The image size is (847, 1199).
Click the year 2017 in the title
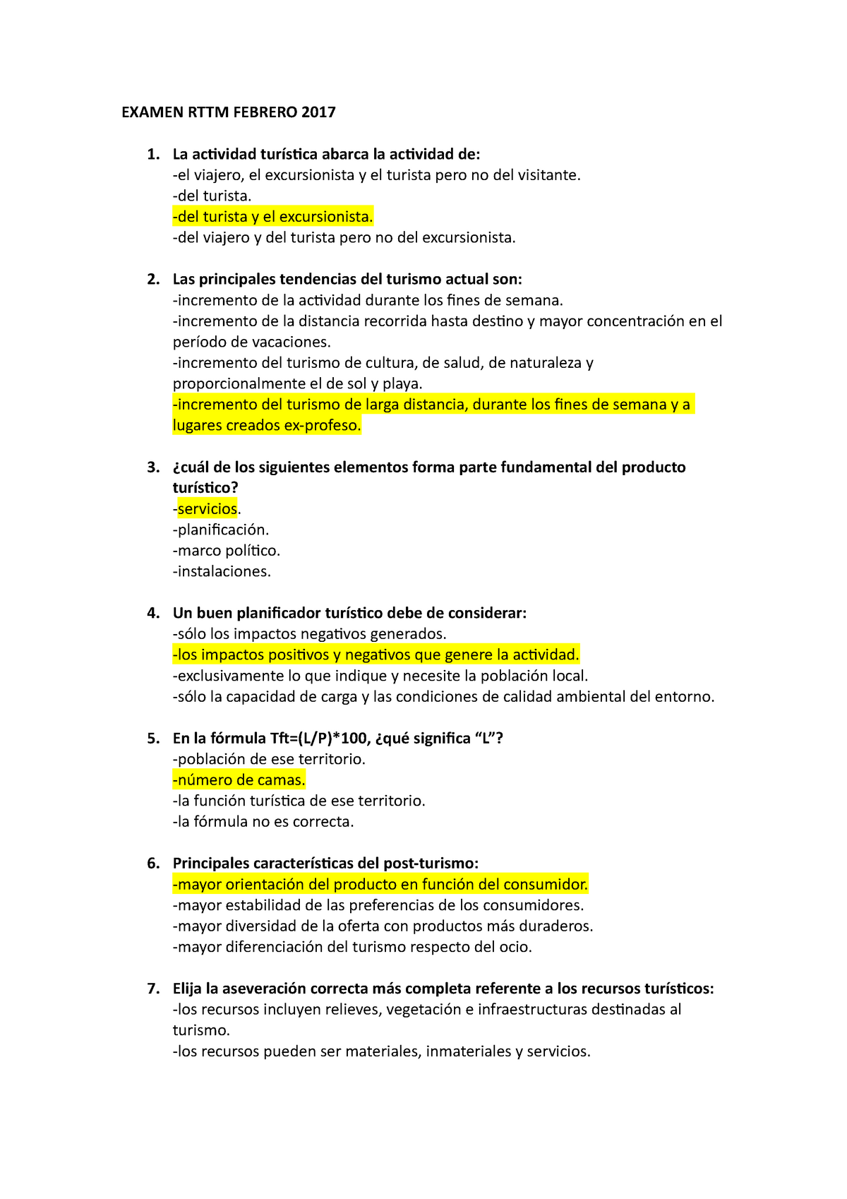pos(318,112)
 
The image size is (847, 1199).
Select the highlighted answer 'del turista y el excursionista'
pos(272,217)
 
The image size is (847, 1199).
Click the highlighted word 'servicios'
pos(207,508)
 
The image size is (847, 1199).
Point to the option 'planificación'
pos(221,530)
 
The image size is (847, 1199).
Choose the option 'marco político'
pos(227,550)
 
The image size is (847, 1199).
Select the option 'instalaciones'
pos(222,571)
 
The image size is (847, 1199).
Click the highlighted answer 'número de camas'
pos(239,780)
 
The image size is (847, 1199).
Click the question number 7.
pos(153,989)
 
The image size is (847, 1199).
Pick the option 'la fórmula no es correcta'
pos(263,821)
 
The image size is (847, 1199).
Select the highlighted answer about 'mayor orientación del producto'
pos(380,884)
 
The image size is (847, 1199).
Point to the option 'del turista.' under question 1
pos(212,196)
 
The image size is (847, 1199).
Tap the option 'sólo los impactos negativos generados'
pos(309,633)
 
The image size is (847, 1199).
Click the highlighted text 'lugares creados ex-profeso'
pos(267,425)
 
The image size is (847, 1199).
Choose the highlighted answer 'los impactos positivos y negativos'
pos(376,655)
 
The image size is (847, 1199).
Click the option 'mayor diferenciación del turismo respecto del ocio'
pos(352,947)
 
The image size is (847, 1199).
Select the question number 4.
pos(153,613)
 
